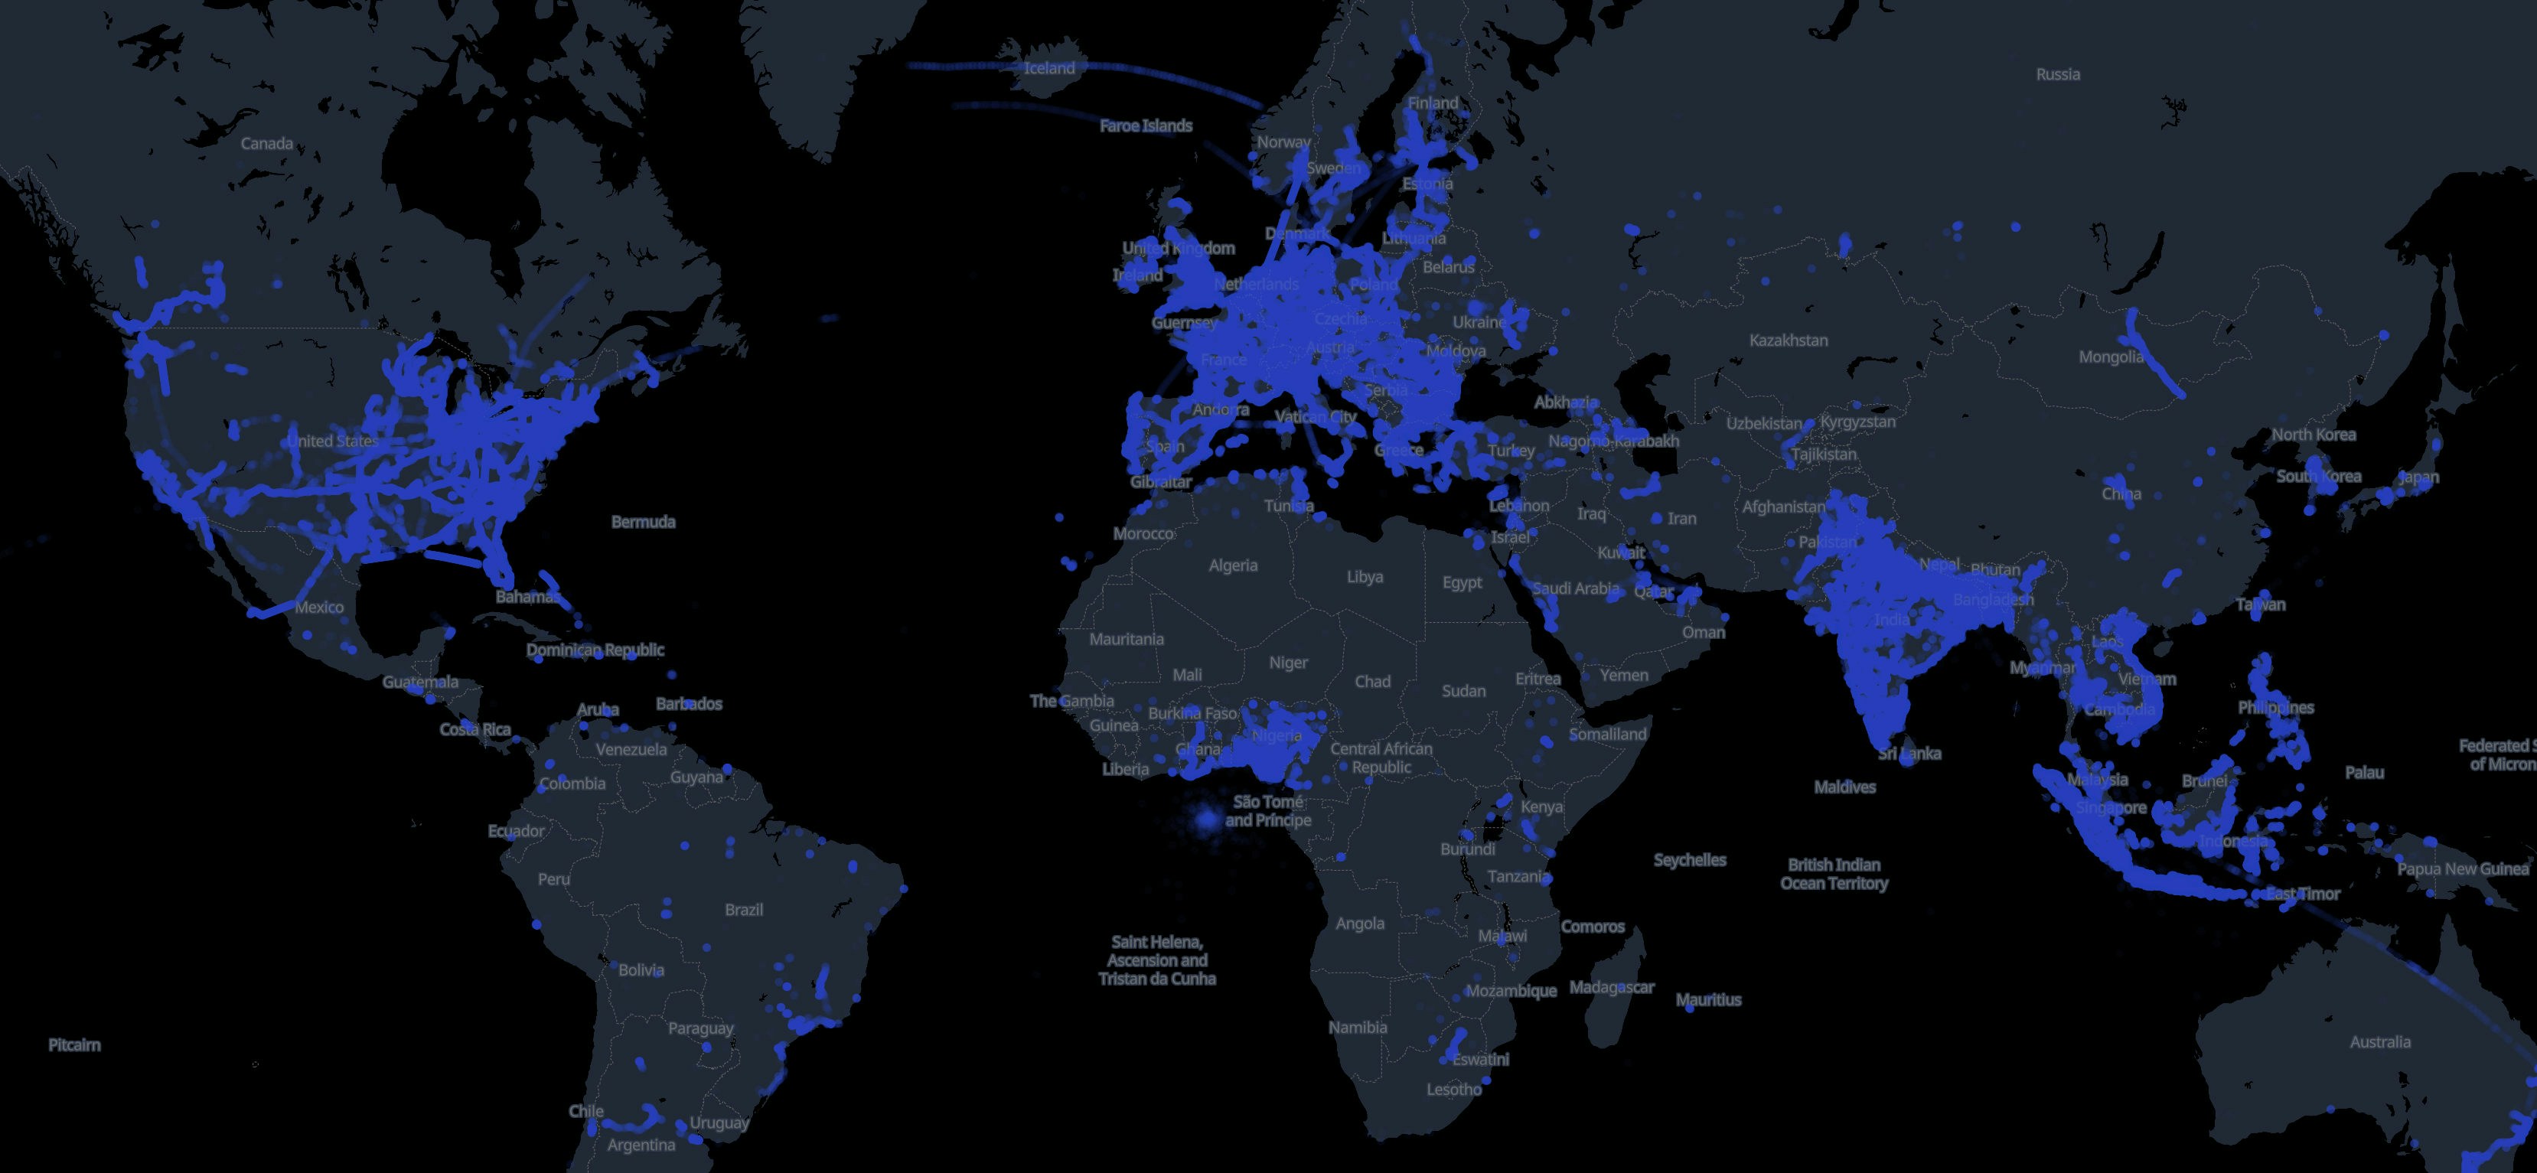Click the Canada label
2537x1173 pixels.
click(267, 144)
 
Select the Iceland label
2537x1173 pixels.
click(1049, 68)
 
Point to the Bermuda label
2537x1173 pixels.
click(643, 522)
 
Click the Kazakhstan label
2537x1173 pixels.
click(1788, 340)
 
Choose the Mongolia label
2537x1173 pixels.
click(2111, 357)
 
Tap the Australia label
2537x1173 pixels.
click(2379, 1042)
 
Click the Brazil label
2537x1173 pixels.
click(744, 910)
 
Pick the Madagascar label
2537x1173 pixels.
click(1611, 987)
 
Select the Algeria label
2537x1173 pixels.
click(1233, 565)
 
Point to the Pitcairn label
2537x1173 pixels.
click(75, 1045)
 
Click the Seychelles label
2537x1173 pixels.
click(1689, 860)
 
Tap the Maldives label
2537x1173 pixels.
click(1844, 787)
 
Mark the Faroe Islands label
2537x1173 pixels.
click(1146, 126)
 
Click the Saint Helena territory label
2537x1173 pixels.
click(1157, 960)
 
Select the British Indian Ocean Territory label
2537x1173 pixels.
click(1834, 874)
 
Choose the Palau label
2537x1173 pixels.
click(2364, 772)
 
